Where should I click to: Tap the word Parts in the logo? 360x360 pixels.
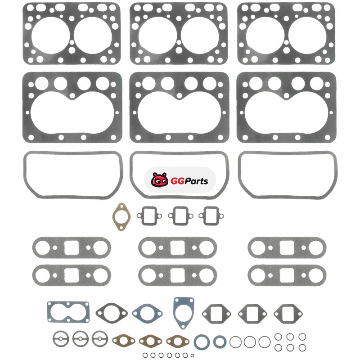tap(196, 181)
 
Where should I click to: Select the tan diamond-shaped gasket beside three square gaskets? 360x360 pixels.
tap(121, 217)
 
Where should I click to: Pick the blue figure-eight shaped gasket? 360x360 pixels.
tap(68, 312)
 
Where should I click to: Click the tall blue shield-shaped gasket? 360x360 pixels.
tap(184, 312)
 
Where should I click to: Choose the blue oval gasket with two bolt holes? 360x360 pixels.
tap(147, 313)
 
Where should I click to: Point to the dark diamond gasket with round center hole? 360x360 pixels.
tap(112, 313)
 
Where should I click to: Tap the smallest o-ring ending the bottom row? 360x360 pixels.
tap(193, 355)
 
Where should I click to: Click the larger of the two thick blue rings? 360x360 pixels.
tap(202, 342)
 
